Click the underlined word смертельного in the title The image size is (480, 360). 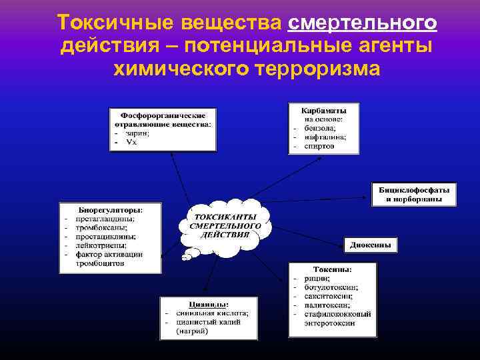tap(363, 24)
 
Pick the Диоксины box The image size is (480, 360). tap(371, 245)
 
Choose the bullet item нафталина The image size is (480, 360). tap(325, 137)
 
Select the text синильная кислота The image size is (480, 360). tap(212, 312)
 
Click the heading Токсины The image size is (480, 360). tap(333, 269)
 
